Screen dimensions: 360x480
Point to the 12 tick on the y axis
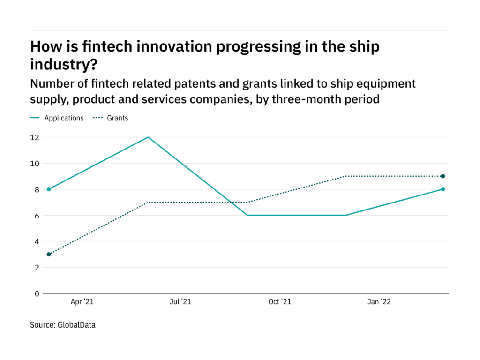pyautogui.click(x=35, y=137)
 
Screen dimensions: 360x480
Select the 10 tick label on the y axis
pyautogui.click(x=35, y=164)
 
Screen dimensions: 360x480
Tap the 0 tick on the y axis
pyautogui.click(x=37, y=294)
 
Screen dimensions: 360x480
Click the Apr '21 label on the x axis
pyautogui.click(x=82, y=302)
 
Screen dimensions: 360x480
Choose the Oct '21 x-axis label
pyautogui.click(x=280, y=302)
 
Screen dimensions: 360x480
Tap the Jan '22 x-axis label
pyautogui.click(x=378, y=302)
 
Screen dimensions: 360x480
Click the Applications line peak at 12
pyautogui.click(x=148, y=137)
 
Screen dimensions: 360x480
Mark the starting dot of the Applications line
pyautogui.click(x=49, y=189)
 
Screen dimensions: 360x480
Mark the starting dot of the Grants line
pyautogui.click(x=49, y=255)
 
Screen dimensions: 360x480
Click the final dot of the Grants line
pyautogui.click(x=443, y=176)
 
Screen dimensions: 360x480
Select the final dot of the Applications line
pyautogui.click(x=443, y=189)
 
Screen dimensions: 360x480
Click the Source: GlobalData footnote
pyautogui.click(x=62, y=324)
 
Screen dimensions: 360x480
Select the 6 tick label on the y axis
pyautogui.click(x=37, y=216)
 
